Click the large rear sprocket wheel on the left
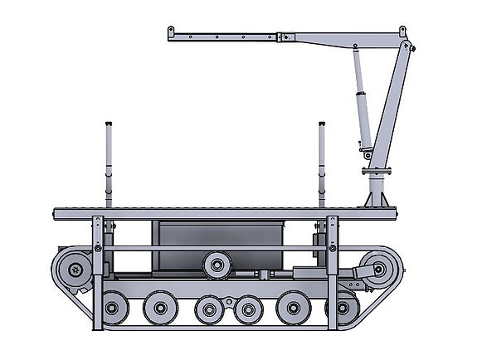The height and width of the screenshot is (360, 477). pos(75,270)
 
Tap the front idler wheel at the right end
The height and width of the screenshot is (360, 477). pos(378,270)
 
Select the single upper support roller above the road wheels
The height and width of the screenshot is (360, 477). pos(217,265)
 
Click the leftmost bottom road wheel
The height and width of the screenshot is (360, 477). pos(113,309)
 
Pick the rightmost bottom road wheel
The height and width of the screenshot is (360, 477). pos(341,309)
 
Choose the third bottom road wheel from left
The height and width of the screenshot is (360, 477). pos(208,310)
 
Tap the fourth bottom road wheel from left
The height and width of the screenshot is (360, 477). pos(248,310)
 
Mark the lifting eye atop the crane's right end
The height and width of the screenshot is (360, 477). pos(403,32)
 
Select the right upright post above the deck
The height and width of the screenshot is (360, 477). pos(321,162)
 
